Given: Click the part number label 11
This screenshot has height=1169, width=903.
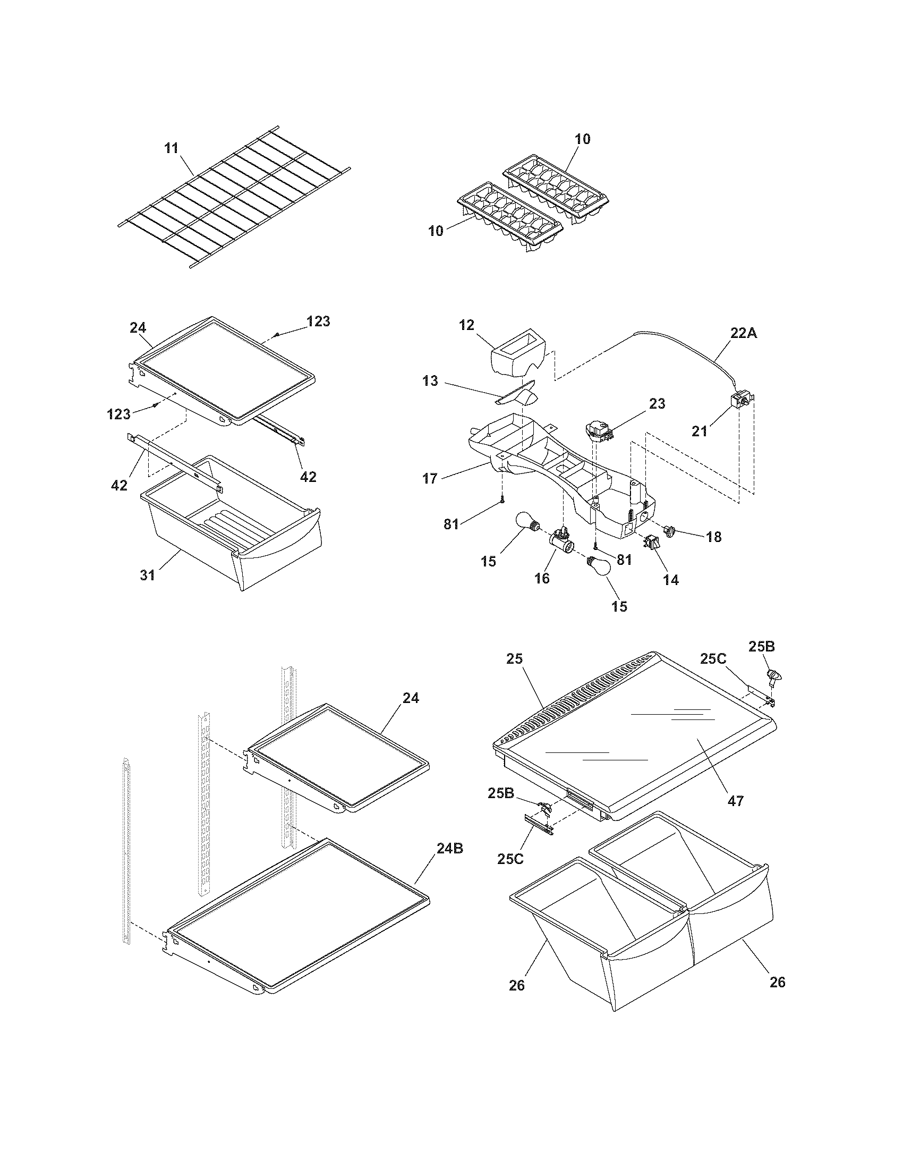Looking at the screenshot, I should [171, 148].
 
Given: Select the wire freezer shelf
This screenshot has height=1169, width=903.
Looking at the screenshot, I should [235, 204].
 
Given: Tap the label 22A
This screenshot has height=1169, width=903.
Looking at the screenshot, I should [744, 333].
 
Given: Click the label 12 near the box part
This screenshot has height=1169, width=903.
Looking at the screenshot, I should [466, 325].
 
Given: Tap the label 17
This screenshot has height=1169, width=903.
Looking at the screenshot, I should [430, 478].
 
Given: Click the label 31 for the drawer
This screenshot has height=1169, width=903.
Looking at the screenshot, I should [147, 575].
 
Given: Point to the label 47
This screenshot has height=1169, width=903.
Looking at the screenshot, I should [736, 801].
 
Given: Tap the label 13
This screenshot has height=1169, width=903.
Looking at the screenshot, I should [430, 381].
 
